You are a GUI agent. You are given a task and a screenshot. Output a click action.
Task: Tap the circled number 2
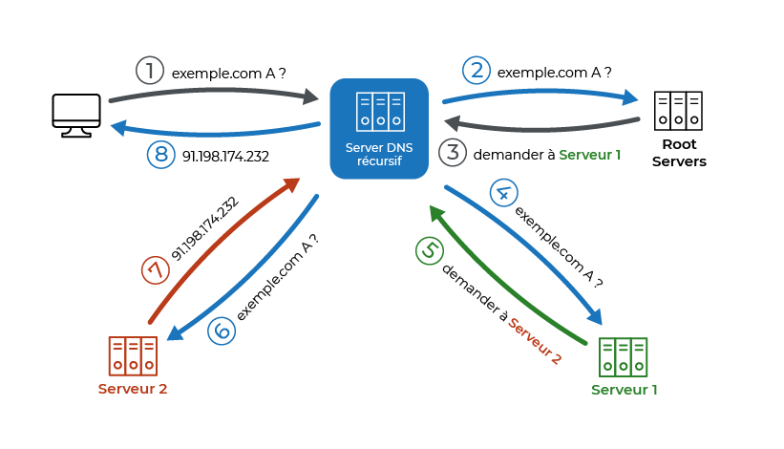pyautogui.click(x=477, y=70)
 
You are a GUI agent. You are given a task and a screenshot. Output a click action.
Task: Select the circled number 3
pyautogui.click(x=451, y=153)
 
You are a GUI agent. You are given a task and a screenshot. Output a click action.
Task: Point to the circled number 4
pyautogui.click(x=503, y=192)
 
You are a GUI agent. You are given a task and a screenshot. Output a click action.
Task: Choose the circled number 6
pyautogui.click(x=220, y=331)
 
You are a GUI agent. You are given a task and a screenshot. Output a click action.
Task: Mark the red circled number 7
pyautogui.click(x=155, y=270)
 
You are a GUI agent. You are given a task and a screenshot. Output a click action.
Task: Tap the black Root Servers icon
pyautogui.click(x=678, y=111)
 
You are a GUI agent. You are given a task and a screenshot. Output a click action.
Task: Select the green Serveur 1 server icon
pyautogui.click(x=623, y=357)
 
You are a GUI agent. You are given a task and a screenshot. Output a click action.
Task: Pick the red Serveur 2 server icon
pyautogui.click(x=132, y=356)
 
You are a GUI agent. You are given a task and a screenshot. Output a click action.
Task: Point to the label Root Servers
pyautogui.click(x=678, y=154)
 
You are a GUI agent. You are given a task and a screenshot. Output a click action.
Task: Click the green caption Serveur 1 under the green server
pyautogui.click(x=625, y=390)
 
